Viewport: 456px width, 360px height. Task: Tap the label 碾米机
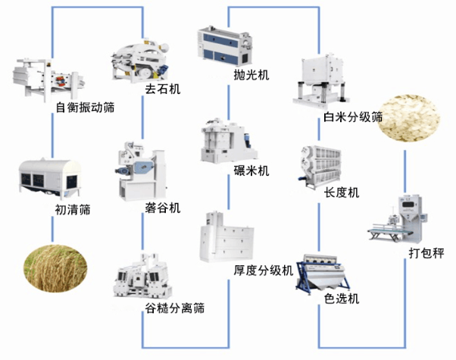(251, 171)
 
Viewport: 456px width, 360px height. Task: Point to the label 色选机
(341, 298)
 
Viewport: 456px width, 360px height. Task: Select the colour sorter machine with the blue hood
(328, 272)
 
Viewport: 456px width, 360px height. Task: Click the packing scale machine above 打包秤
(398, 219)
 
